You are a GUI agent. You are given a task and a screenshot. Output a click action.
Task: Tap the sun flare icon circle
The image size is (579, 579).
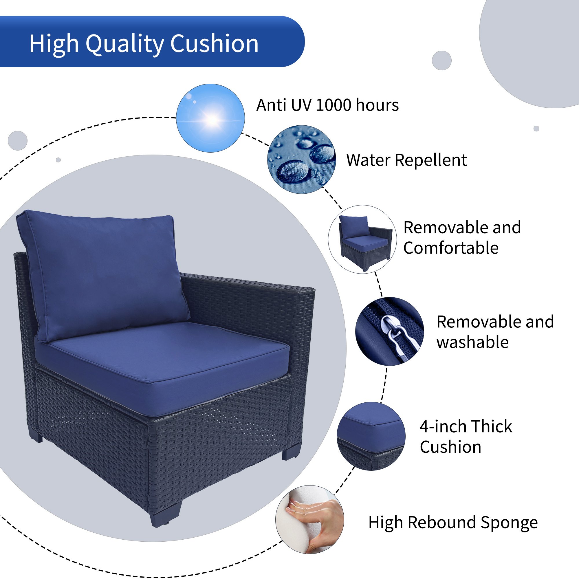point(210,118)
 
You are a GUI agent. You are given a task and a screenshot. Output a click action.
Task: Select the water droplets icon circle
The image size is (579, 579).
point(301,160)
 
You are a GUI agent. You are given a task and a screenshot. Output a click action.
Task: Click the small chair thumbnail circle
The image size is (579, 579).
point(362,239)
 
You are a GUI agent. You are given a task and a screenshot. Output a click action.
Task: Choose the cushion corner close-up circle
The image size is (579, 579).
point(371,436)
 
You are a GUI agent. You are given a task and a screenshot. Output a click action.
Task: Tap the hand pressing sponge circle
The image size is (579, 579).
point(309,520)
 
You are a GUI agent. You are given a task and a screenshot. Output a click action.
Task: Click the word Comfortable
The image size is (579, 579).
point(451,248)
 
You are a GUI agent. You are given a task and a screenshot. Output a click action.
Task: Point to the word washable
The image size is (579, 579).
point(472,342)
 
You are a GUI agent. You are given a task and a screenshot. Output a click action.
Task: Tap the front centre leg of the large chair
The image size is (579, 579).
point(166,512)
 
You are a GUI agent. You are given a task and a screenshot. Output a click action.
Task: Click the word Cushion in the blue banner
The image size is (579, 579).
point(214,44)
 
